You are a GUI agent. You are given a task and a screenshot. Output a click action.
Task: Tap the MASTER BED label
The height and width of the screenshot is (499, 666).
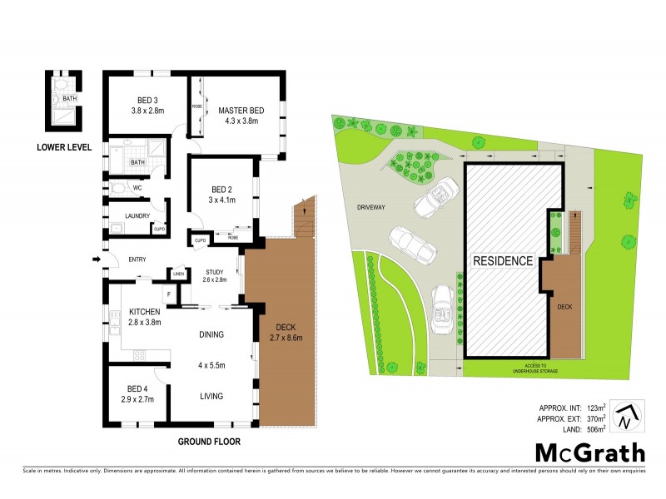pyautogui.click(x=241, y=111)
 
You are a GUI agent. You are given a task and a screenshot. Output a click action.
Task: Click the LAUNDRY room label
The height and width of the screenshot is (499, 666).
pyautogui.click(x=137, y=216)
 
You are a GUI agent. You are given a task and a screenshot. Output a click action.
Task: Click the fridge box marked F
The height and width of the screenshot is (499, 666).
pyautogui.click(x=169, y=294)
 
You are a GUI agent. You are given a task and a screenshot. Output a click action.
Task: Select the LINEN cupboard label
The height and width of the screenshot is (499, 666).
pyautogui.click(x=178, y=274)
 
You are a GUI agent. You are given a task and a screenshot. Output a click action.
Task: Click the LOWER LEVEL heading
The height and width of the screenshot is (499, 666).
pyautogui.click(x=64, y=148)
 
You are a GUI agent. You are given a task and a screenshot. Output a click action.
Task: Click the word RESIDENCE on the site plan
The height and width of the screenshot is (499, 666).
pyautogui.click(x=503, y=260)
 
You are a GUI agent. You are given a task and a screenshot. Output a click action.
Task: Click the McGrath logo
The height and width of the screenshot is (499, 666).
pyautogui.click(x=589, y=454)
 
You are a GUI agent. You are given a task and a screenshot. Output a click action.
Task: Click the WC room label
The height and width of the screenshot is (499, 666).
pyautogui.click(x=137, y=188)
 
